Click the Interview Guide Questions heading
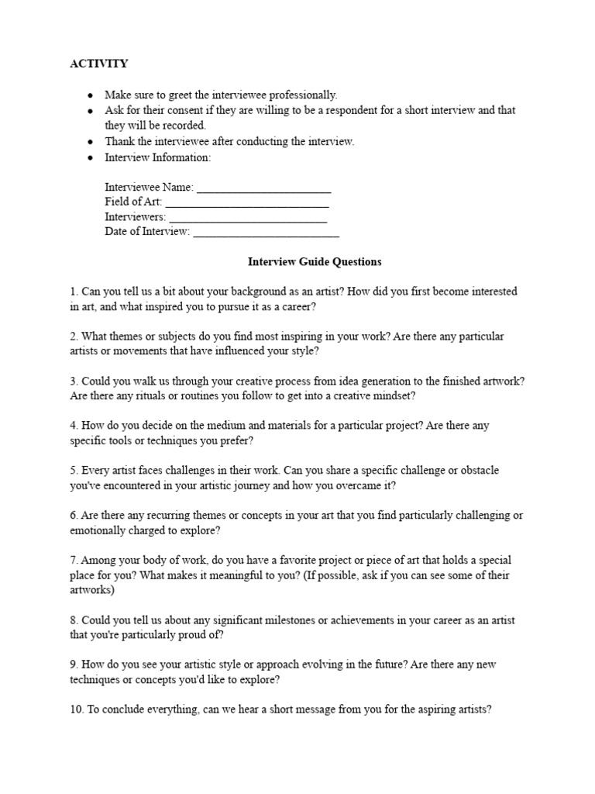point(314,262)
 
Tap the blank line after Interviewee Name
point(264,188)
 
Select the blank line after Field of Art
point(247,202)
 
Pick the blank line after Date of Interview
point(266,232)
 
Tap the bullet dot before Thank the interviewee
point(91,142)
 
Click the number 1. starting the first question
point(74,292)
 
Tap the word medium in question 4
point(207,426)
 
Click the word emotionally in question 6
point(96,530)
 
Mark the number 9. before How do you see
point(74,665)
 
